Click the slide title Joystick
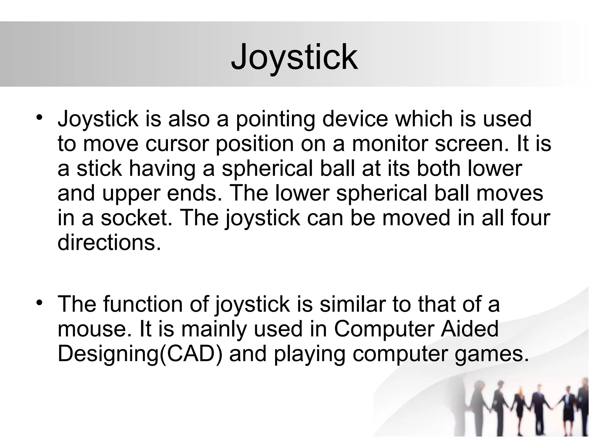(x=294, y=57)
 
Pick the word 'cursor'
(x=176, y=144)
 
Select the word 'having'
(x=162, y=169)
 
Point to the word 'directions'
(x=109, y=243)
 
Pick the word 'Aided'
(x=469, y=329)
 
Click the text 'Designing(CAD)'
(x=140, y=354)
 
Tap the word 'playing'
(x=309, y=354)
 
